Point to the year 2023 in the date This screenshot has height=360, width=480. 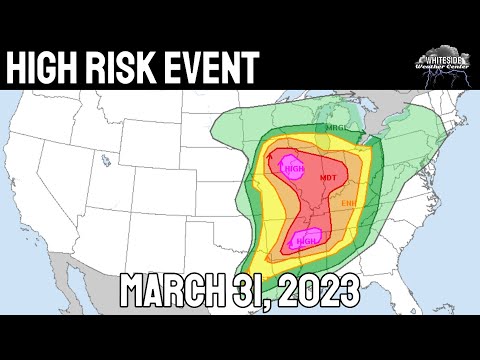pos(319,292)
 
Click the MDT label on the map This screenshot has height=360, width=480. pos(327,179)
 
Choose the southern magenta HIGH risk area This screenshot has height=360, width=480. pos(305,240)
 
